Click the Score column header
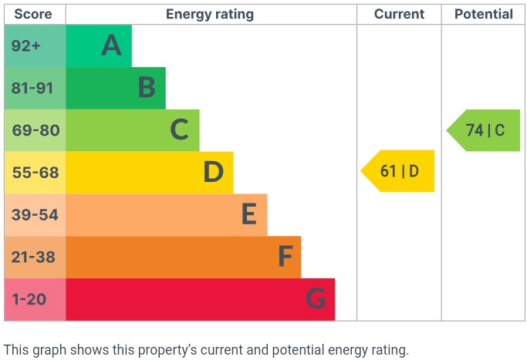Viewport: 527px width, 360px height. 33,14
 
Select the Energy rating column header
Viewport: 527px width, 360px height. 210,14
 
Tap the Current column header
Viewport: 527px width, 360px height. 399,14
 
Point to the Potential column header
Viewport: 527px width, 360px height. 483,14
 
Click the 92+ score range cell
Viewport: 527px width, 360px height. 26,46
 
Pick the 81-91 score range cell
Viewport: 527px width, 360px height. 32,88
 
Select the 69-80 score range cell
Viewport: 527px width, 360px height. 35,130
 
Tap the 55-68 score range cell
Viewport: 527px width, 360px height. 35,173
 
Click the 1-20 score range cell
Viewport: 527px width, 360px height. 30,299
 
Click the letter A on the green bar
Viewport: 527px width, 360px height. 112,46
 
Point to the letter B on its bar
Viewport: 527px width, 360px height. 147,88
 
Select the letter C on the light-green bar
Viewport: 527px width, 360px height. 180,130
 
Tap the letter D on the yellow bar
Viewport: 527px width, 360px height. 214,173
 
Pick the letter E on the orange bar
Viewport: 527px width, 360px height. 248,215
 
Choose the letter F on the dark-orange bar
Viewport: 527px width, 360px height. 285,257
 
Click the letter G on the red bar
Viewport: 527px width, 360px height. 316,299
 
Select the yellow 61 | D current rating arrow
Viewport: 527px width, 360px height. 399,171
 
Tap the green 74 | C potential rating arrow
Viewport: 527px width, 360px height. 485,130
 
